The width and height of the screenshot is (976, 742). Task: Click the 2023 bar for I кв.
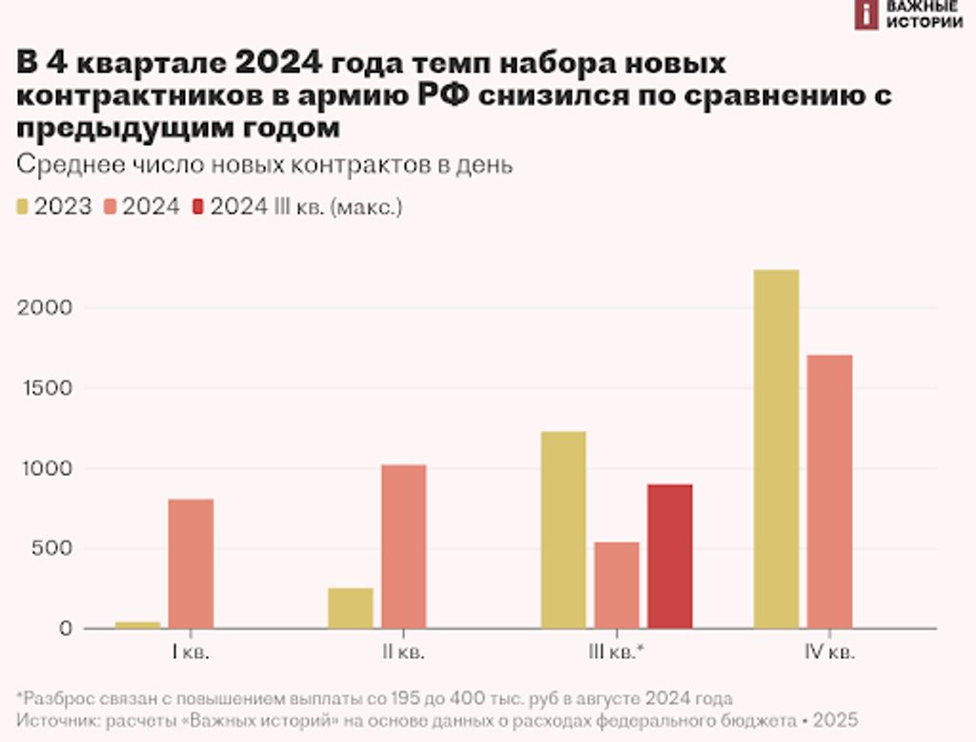pos(137,625)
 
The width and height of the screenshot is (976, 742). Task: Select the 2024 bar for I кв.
pos(191,564)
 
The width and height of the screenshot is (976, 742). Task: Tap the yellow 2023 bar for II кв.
pos(350,608)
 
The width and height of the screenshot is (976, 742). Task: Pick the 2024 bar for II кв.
pos(403,546)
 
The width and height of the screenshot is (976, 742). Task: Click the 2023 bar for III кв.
pos(562,529)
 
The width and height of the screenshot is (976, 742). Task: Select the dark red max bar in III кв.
pos(669,556)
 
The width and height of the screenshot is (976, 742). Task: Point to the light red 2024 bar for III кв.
pos(617,585)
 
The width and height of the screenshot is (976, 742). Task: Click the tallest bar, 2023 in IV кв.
pos(776,448)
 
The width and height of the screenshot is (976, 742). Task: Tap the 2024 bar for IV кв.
pos(829,491)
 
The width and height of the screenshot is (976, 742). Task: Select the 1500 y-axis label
pos(45,388)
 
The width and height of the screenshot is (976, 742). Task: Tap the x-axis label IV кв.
pos(829,653)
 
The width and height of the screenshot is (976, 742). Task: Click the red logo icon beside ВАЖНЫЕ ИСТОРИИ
pos(865,14)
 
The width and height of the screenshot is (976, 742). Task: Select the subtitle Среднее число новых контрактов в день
pos(265,164)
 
